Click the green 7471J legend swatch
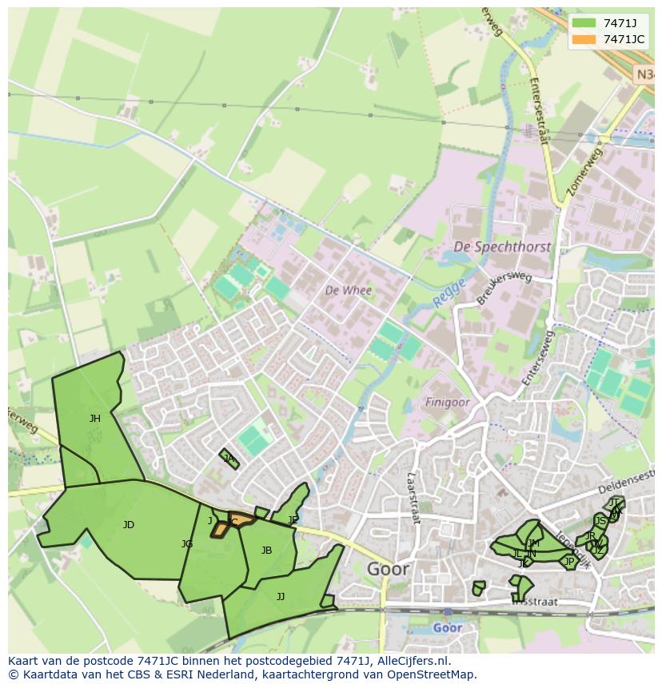pyautogui.click(x=584, y=23)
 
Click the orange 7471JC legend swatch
pyautogui.click(x=584, y=39)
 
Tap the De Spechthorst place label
pyautogui.click(x=501, y=247)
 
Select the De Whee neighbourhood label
pyautogui.click(x=348, y=290)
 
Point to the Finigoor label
pyautogui.click(x=447, y=403)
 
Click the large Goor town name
pyautogui.click(x=388, y=569)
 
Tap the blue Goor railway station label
pyautogui.click(x=447, y=628)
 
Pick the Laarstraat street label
pyautogui.click(x=413, y=496)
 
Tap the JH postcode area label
pyautogui.click(x=95, y=418)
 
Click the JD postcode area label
pyautogui.click(x=129, y=525)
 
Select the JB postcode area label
pyautogui.click(x=266, y=550)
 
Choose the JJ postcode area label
pyautogui.click(x=281, y=596)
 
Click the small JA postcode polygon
pyautogui.click(x=229, y=459)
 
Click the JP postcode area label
pyautogui.click(x=569, y=562)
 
